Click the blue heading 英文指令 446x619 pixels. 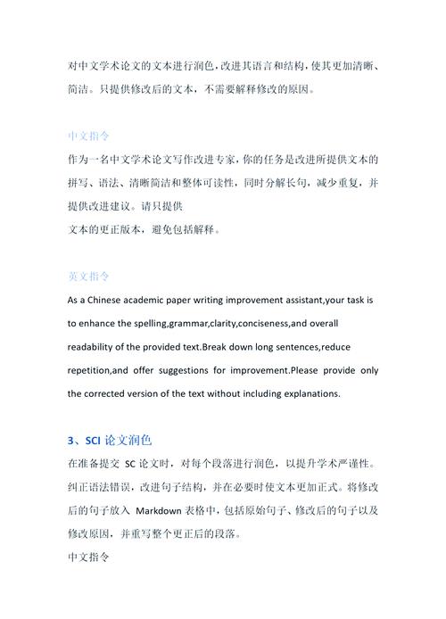pyautogui.click(x=89, y=276)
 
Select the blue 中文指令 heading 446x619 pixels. pyautogui.click(x=89, y=136)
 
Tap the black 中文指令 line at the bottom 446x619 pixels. pyautogui.click(x=89, y=557)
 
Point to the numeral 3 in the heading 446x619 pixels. pyautogui.click(x=71, y=440)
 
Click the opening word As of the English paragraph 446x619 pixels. pyautogui.click(x=74, y=300)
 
